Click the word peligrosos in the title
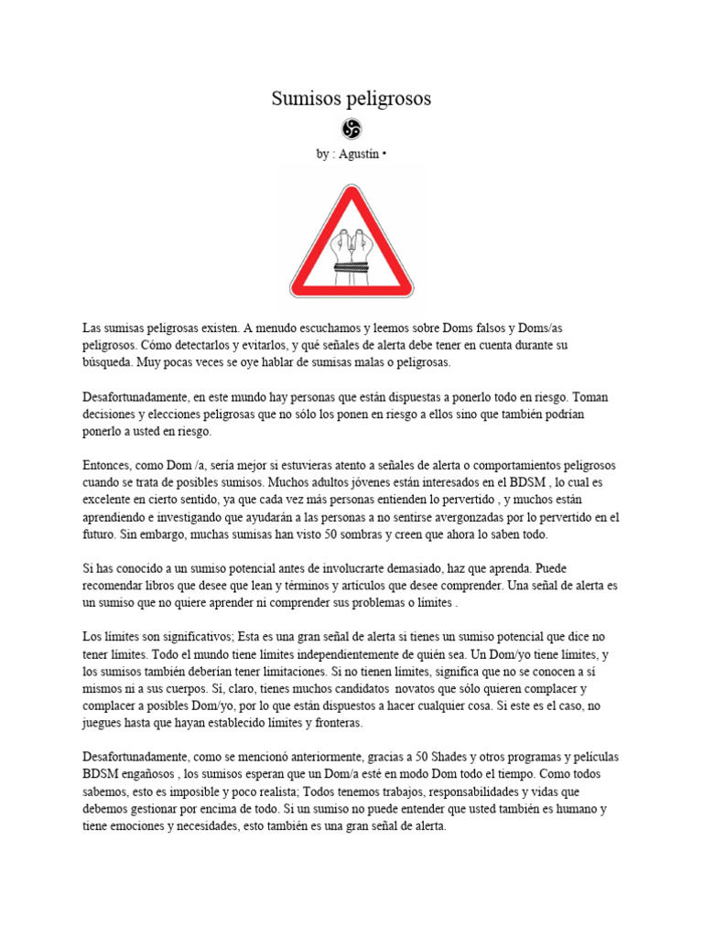[x=389, y=99]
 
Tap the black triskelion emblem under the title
[x=351, y=129]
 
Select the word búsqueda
[x=105, y=363]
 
